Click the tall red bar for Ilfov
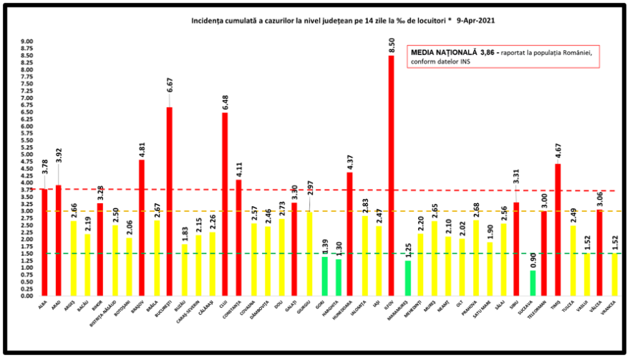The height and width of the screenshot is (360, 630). point(391,175)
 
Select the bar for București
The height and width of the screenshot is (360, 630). point(169,201)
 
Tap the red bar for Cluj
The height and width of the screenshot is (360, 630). point(225,204)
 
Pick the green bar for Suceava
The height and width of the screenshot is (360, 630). point(533,283)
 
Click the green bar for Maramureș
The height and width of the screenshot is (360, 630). point(408,278)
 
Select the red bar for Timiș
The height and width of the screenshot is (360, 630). point(558,230)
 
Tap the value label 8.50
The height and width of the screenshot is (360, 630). point(392,46)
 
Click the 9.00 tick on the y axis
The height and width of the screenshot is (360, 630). point(26,42)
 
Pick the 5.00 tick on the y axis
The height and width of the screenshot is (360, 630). point(26,155)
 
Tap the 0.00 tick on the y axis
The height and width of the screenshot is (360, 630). point(26,296)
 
